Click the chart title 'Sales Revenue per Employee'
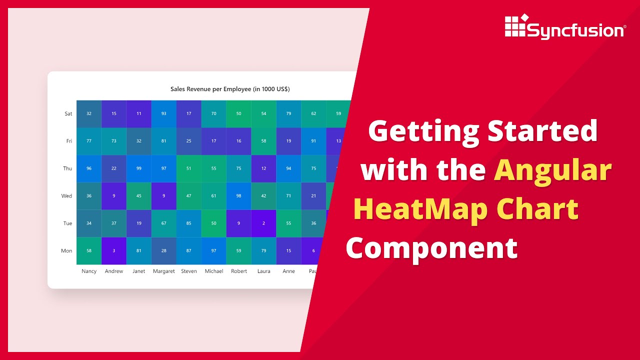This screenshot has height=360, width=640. pos(230,89)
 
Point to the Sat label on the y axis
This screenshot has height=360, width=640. pos(68,113)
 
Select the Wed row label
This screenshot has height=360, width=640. pos(66,196)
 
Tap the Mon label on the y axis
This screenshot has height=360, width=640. pos(66,251)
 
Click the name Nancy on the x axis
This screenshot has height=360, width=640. pos(89,271)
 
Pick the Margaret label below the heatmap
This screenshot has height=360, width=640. pos(164,271)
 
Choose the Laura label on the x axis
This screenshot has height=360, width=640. pos(263,271)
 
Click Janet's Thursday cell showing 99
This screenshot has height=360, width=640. pos(139,168)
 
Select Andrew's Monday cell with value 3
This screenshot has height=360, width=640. pos(114,251)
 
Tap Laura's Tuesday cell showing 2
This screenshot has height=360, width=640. pos(263,223)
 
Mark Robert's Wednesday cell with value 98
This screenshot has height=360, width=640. pos(238,196)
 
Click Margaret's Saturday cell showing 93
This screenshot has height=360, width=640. pos(164,113)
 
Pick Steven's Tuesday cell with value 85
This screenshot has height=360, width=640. pos(189,223)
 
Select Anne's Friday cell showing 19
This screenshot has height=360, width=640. pos(288,141)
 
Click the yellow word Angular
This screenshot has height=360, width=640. pos(552,170)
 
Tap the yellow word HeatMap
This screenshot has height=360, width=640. pos(420,209)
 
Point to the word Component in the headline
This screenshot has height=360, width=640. pos(431,248)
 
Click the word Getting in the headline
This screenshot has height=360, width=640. pos(422,131)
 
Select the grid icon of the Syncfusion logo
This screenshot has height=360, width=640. pos(515,25)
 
